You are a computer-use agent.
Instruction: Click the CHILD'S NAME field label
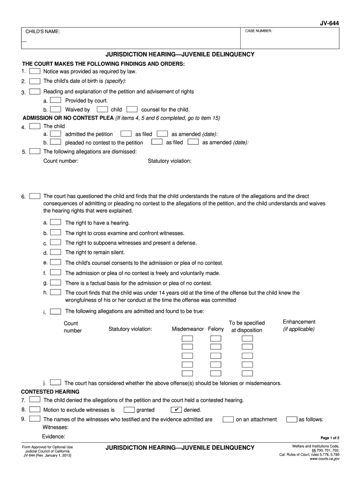[x=43, y=32]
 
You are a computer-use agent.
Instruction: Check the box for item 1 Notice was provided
[x=35, y=72]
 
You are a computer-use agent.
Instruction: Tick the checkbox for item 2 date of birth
[x=35, y=81]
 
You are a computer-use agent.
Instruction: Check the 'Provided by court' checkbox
[x=56, y=100]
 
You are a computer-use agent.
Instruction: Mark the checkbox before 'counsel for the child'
[x=132, y=109]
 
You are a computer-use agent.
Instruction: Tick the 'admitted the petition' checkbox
[x=56, y=134]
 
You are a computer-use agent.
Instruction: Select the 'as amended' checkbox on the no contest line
[x=193, y=142]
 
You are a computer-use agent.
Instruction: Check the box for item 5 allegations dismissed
[x=35, y=151]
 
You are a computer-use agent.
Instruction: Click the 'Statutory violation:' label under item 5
[x=169, y=161]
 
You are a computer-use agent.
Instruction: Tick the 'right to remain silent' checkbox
[x=56, y=252]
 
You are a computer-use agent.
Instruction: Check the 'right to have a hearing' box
[x=56, y=222]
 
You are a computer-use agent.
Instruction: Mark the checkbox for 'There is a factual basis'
[x=56, y=283]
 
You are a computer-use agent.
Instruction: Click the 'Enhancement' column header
[x=299, y=322]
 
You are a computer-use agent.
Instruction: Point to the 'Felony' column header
[x=216, y=329]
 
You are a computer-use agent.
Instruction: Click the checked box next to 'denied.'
[x=176, y=410]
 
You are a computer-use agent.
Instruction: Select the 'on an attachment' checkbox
[x=228, y=419]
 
